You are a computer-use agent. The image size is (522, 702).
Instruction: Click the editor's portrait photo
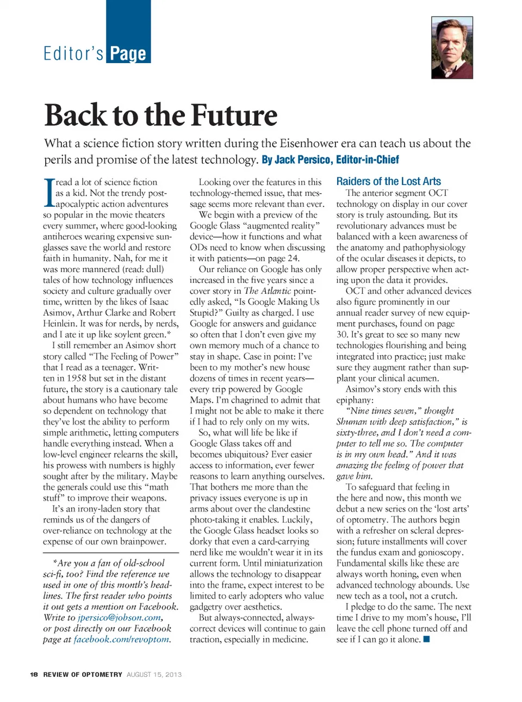click(452, 48)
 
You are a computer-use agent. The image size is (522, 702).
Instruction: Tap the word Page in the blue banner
click(128, 54)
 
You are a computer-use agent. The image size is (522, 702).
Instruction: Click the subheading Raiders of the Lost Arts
click(388, 182)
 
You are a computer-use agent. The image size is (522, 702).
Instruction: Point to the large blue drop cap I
click(48, 193)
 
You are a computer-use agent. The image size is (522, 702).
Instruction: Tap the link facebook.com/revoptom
click(121, 639)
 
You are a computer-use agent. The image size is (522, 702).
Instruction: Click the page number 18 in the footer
click(34, 675)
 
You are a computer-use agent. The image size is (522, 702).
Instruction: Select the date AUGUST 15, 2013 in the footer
click(154, 675)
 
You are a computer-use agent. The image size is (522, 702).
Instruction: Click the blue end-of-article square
click(427, 639)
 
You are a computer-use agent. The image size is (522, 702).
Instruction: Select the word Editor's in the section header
click(73, 54)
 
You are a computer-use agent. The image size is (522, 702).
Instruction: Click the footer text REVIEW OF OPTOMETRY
click(83, 675)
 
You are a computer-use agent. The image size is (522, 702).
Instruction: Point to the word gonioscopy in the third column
click(438, 552)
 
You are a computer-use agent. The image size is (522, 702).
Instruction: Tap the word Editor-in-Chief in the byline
click(367, 160)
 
